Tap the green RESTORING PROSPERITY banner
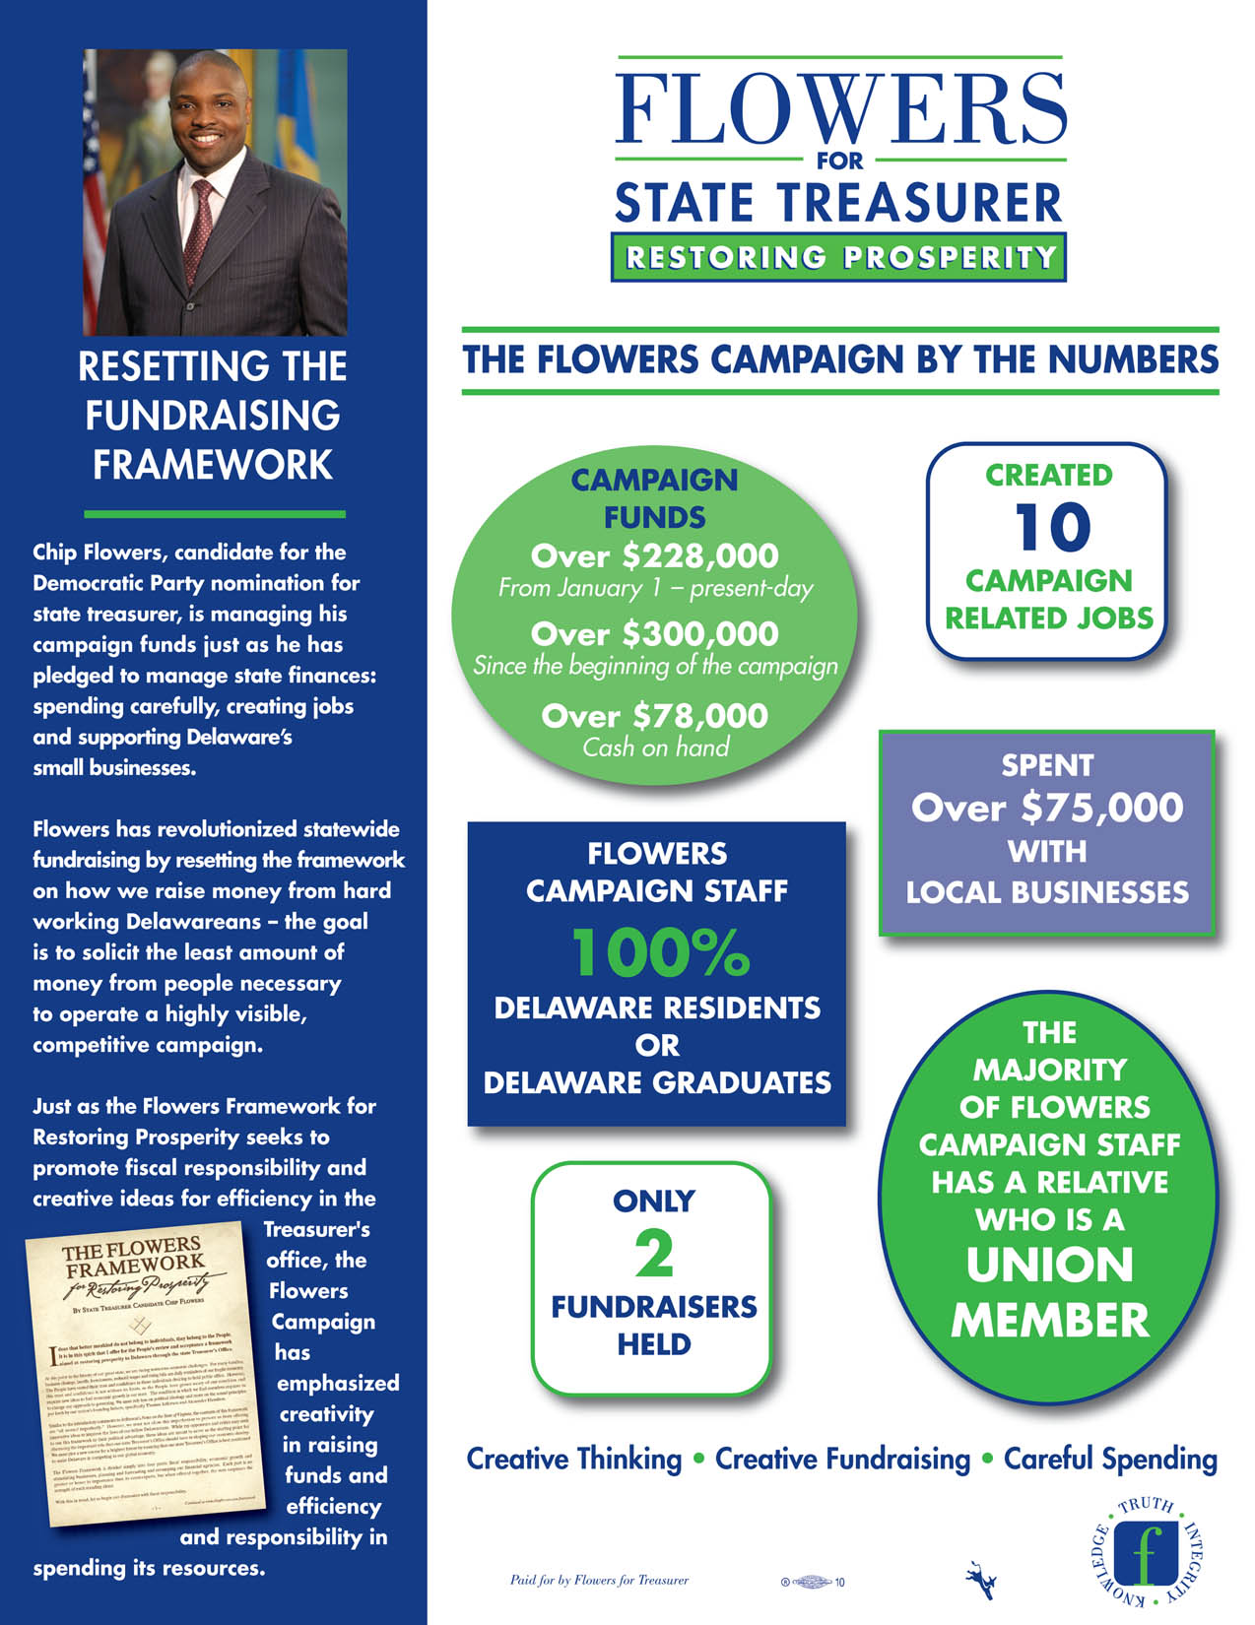(x=839, y=258)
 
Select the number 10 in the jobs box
(x=1052, y=528)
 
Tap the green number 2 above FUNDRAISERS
(x=654, y=1254)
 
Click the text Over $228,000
(x=654, y=556)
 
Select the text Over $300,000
(x=654, y=634)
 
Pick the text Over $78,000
(x=654, y=716)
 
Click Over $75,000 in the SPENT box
(x=1047, y=809)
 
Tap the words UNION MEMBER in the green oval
(x=1050, y=1292)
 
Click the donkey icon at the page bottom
(x=978, y=1573)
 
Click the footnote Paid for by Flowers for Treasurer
(x=599, y=1581)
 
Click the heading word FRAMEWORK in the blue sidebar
(x=213, y=465)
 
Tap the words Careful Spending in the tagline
(x=1110, y=1459)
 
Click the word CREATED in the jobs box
(x=1048, y=475)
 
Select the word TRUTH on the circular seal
(x=1147, y=1507)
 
